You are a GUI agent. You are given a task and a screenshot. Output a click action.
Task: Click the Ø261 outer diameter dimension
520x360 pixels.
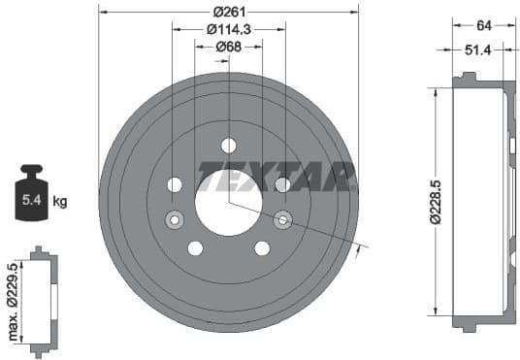click(x=229, y=11)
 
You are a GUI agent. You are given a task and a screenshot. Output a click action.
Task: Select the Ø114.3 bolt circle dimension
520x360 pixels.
click(x=229, y=29)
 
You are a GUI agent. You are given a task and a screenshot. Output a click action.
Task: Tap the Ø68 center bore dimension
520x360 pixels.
click(x=229, y=47)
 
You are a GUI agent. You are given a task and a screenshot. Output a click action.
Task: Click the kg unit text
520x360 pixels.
click(x=60, y=202)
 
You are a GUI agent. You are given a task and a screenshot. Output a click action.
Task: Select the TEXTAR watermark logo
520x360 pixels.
click(x=276, y=177)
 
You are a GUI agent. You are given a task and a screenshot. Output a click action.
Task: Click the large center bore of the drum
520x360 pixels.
click(x=229, y=202)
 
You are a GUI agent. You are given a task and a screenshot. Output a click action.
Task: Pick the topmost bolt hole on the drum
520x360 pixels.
click(x=229, y=146)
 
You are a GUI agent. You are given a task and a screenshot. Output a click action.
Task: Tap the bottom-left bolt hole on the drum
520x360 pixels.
click(x=195, y=248)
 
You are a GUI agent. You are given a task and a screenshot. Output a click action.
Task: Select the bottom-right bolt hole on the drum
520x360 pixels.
click(x=262, y=248)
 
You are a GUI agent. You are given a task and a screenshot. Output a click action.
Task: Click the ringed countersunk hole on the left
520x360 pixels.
click(x=175, y=219)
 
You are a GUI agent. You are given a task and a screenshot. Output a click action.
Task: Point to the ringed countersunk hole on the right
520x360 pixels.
click(x=283, y=219)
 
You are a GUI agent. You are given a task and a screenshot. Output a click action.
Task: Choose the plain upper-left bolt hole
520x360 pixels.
click(x=175, y=184)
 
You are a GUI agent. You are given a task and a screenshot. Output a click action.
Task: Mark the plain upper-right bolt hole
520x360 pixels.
click(x=283, y=184)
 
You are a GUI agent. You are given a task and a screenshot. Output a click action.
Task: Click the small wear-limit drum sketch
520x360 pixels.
click(x=42, y=302)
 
